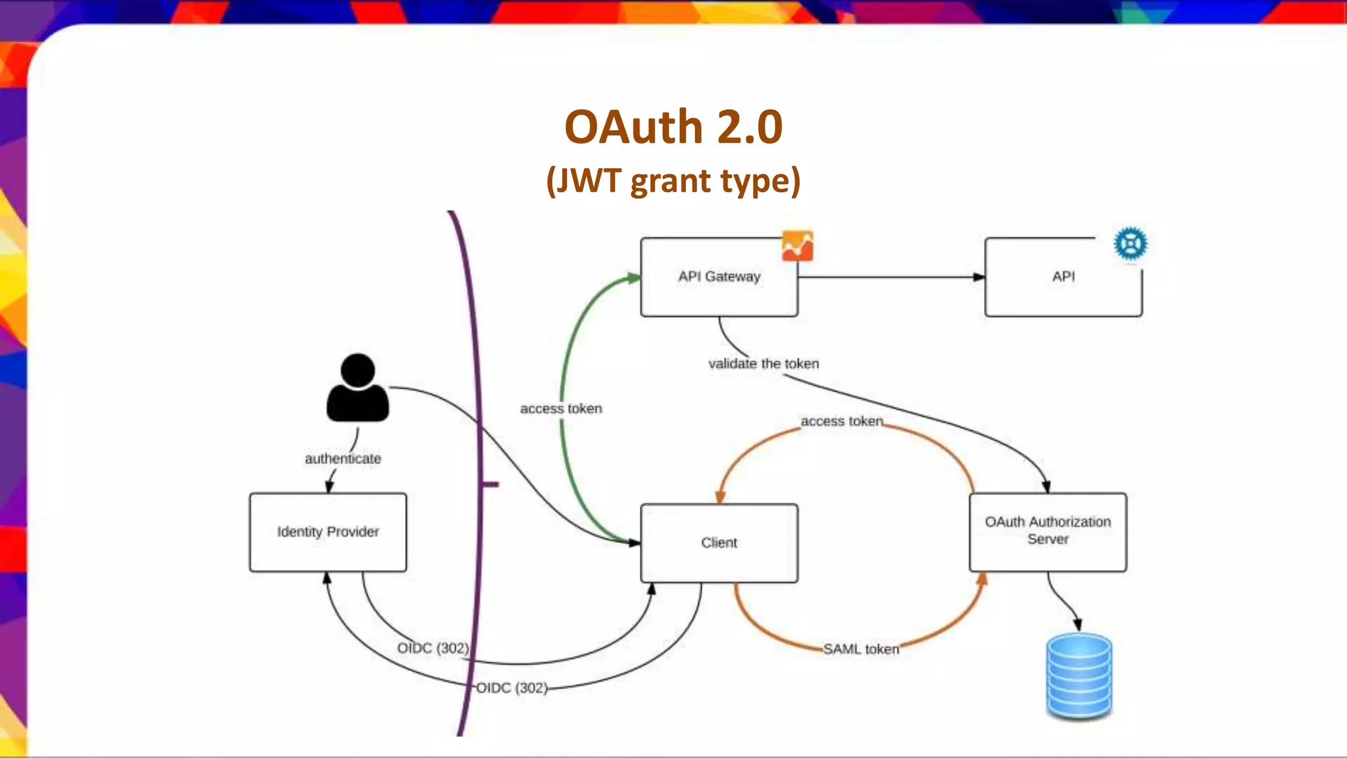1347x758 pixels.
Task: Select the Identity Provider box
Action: pos(328,532)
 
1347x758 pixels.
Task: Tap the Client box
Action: pos(719,543)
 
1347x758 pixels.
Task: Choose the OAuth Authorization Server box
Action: pos(1048,531)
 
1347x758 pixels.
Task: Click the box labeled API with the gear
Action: pos(1063,277)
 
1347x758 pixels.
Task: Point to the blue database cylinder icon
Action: pos(1079,676)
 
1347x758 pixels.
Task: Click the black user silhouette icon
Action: pos(358,388)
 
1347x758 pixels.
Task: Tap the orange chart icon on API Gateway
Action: pos(797,246)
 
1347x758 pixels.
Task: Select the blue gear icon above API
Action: pos(1131,243)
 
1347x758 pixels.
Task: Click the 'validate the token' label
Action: pos(764,364)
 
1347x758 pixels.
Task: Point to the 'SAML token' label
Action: pos(861,649)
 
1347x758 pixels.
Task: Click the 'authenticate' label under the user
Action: pos(343,459)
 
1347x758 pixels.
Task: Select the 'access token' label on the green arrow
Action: pos(561,409)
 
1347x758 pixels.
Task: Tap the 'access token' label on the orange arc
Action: pos(842,421)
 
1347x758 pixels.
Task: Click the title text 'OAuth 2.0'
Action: pos(673,126)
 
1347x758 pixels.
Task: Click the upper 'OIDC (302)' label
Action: pos(433,648)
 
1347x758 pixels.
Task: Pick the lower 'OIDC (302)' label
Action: pos(512,688)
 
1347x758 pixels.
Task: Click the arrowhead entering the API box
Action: pos(979,277)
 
